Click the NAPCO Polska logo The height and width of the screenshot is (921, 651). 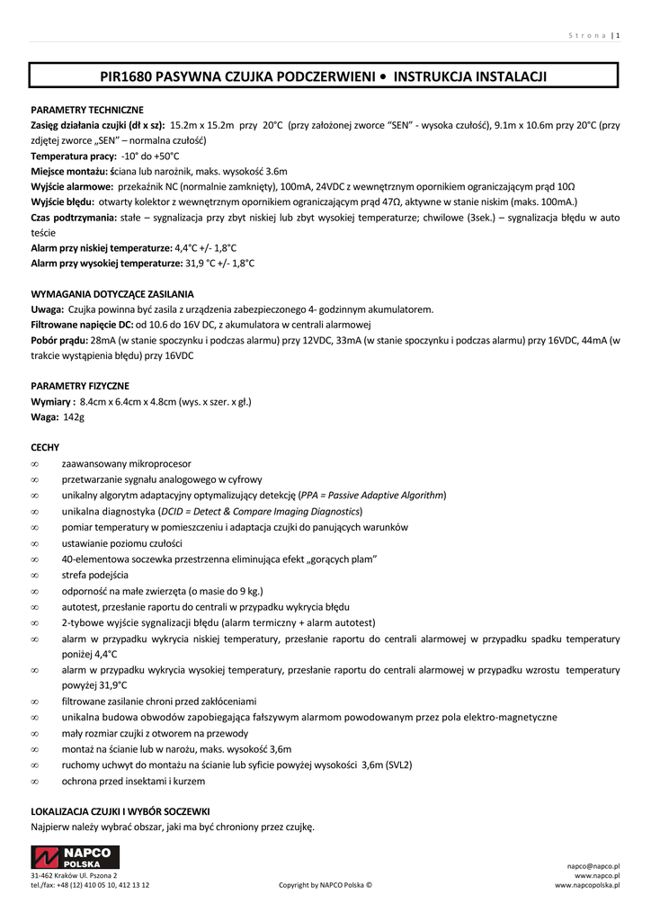click(76, 857)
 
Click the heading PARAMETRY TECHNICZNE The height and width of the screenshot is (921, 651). click(87, 110)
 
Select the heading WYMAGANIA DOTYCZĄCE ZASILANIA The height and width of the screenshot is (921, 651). click(111, 294)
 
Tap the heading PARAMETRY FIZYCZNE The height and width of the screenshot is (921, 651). click(79, 386)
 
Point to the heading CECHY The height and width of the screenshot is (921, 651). click(45, 447)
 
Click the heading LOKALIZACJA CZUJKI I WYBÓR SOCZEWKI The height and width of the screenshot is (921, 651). click(120, 810)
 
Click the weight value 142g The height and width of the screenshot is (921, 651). click(73, 417)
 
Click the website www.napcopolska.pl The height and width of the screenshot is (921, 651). click(588, 885)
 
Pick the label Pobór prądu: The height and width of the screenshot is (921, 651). click(59, 341)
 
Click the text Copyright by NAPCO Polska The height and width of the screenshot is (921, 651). click(325, 885)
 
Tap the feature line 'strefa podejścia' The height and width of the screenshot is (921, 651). click(95, 575)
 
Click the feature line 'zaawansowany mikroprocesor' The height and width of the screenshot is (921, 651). click(126, 464)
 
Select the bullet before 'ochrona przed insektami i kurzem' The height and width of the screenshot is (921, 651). click(34, 781)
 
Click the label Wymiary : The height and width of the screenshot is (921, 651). click(53, 402)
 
